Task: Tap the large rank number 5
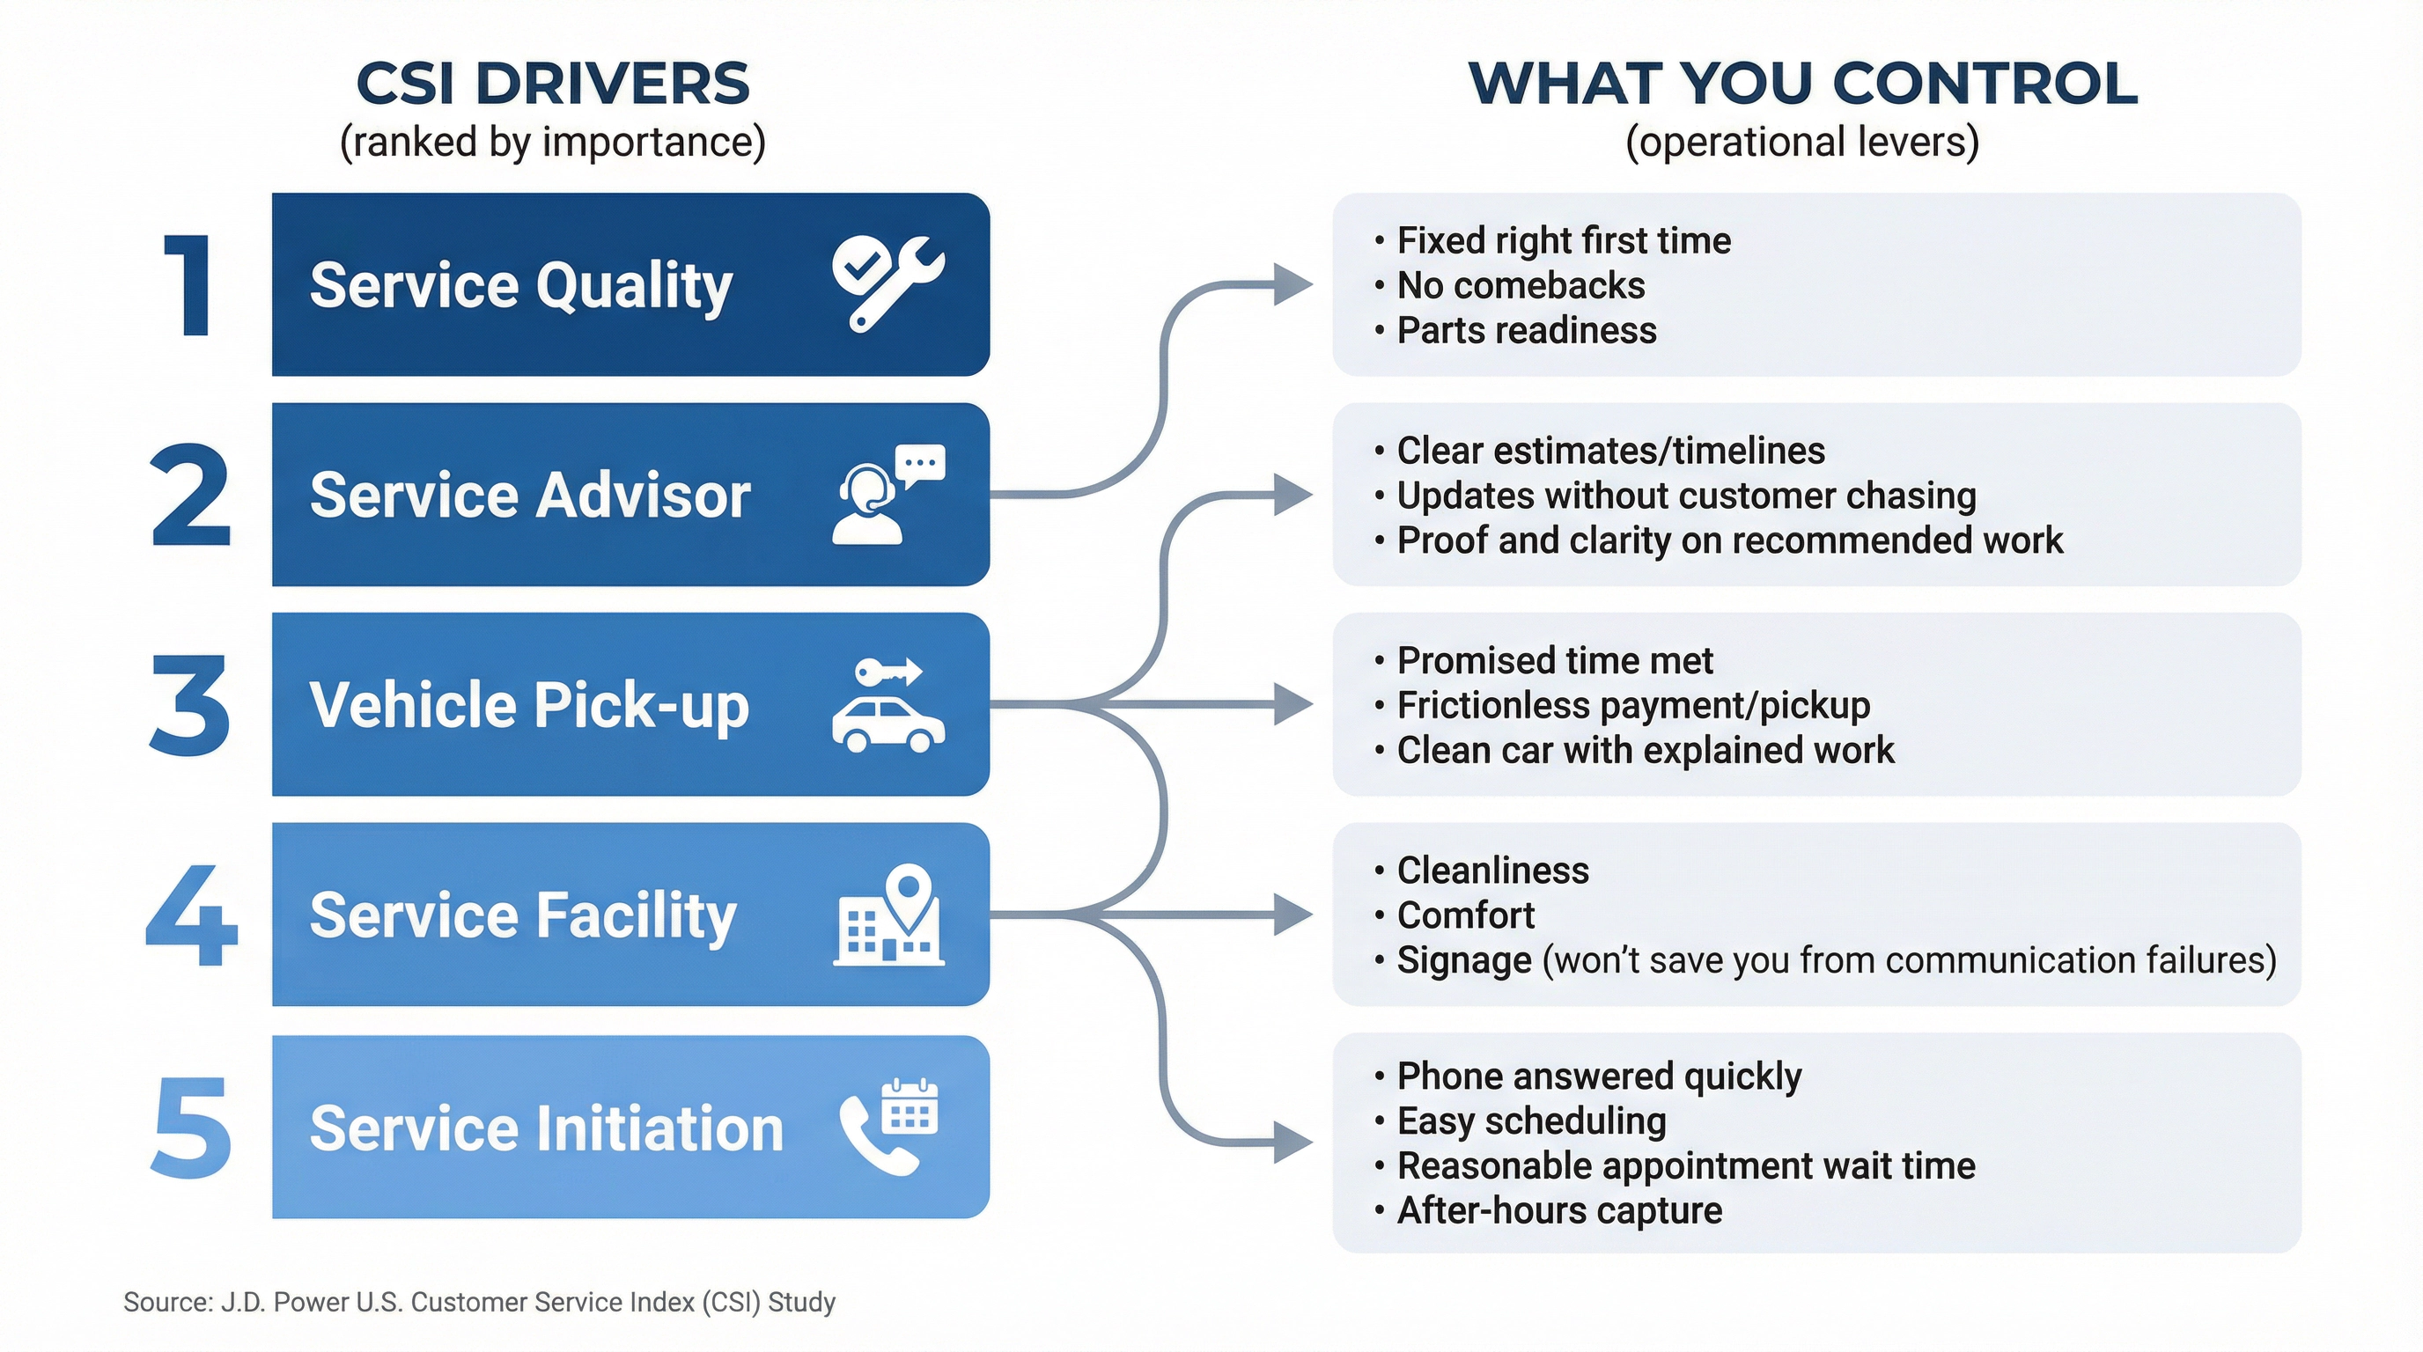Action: click(x=191, y=1128)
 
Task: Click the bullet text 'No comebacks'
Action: click(x=1520, y=286)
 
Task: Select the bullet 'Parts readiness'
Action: click(x=1526, y=331)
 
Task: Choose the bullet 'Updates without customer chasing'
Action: click(x=1685, y=496)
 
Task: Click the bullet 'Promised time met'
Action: click(x=1554, y=661)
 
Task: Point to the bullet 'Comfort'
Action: click(x=1465, y=915)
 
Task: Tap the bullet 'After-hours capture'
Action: click(x=1559, y=1211)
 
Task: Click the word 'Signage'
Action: click(x=1463, y=961)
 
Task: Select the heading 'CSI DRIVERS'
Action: click(x=553, y=84)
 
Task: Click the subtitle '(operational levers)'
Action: click(x=1802, y=142)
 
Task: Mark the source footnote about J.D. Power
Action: click(x=480, y=1302)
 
